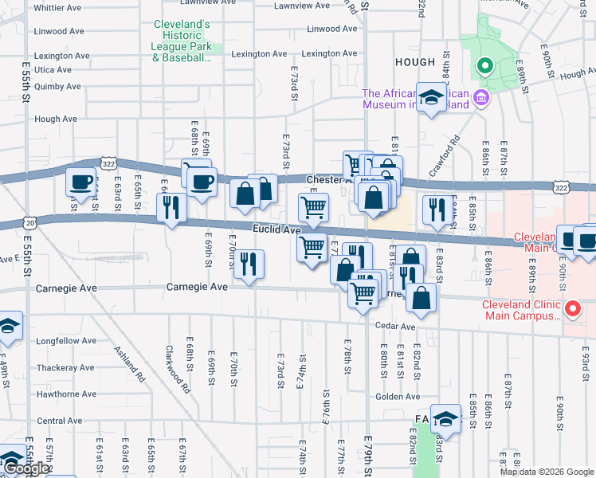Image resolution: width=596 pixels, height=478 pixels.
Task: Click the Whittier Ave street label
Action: [x=58, y=7]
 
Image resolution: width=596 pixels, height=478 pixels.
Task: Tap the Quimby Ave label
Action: [x=57, y=87]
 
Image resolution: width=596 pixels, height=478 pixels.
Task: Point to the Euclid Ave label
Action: [x=276, y=229]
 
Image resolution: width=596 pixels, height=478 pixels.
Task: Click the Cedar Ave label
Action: [x=396, y=327]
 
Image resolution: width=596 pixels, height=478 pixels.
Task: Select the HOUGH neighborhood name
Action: [x=414, y=62]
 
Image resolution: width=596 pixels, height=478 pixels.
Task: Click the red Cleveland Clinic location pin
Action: [x=571, y=308]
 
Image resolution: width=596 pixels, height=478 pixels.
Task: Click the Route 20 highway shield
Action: [x=30, y=223]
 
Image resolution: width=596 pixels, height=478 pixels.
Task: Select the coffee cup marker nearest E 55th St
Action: [x=81, y=182]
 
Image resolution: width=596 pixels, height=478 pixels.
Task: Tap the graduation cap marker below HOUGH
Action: [x=431, y=98]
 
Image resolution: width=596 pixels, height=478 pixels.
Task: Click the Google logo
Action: [x=26, y=468]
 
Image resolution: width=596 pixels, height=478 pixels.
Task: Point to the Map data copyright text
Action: [x=546, y=472]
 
